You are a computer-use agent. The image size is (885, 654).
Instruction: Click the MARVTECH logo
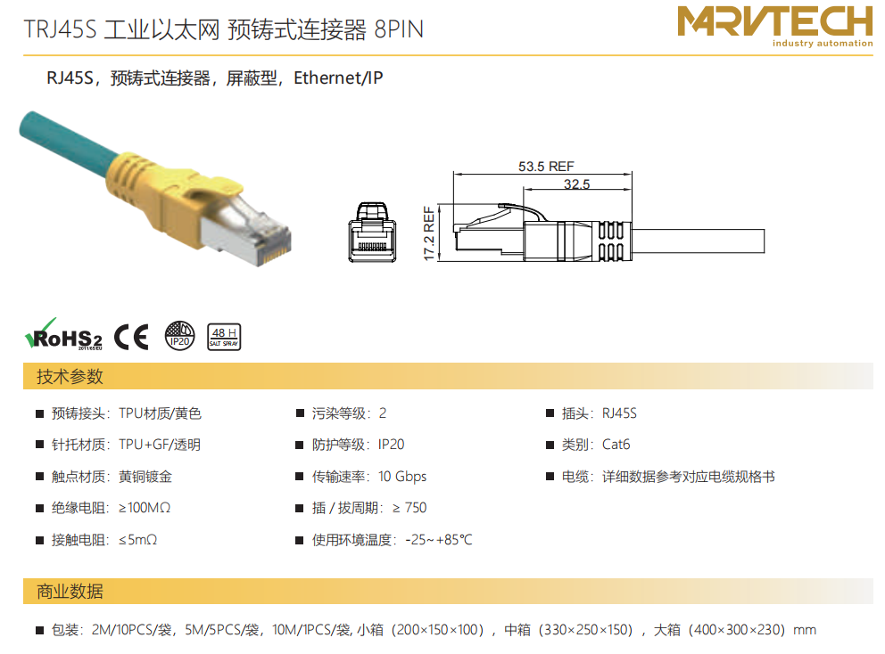[775, 26]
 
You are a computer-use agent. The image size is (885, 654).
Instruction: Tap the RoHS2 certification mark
[63, 335]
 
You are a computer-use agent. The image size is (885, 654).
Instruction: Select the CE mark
[131, 337]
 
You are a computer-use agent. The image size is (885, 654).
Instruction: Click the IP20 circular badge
[179, 336]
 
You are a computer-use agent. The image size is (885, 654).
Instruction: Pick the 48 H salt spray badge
[224, 337]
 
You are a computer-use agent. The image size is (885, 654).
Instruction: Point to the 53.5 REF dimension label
[546, 167]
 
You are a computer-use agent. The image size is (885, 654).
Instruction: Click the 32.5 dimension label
[576, 184]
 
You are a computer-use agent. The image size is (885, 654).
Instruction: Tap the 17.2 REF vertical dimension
[429, 233]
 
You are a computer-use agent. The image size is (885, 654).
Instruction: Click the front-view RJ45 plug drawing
[372, 233]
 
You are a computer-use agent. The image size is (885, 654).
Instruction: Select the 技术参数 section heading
[70, 376]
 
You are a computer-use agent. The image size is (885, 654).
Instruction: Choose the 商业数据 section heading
[70, 592]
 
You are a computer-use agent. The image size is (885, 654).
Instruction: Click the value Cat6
[616, 445]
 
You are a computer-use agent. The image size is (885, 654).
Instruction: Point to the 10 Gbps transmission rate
[402, 477]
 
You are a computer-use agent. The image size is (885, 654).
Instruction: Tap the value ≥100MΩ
[145, 508]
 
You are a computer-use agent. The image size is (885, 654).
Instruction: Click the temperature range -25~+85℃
[439, 540]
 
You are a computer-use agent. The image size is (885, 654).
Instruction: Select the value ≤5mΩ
[137, 540]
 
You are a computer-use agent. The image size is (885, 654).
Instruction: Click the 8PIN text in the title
[399, 29]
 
